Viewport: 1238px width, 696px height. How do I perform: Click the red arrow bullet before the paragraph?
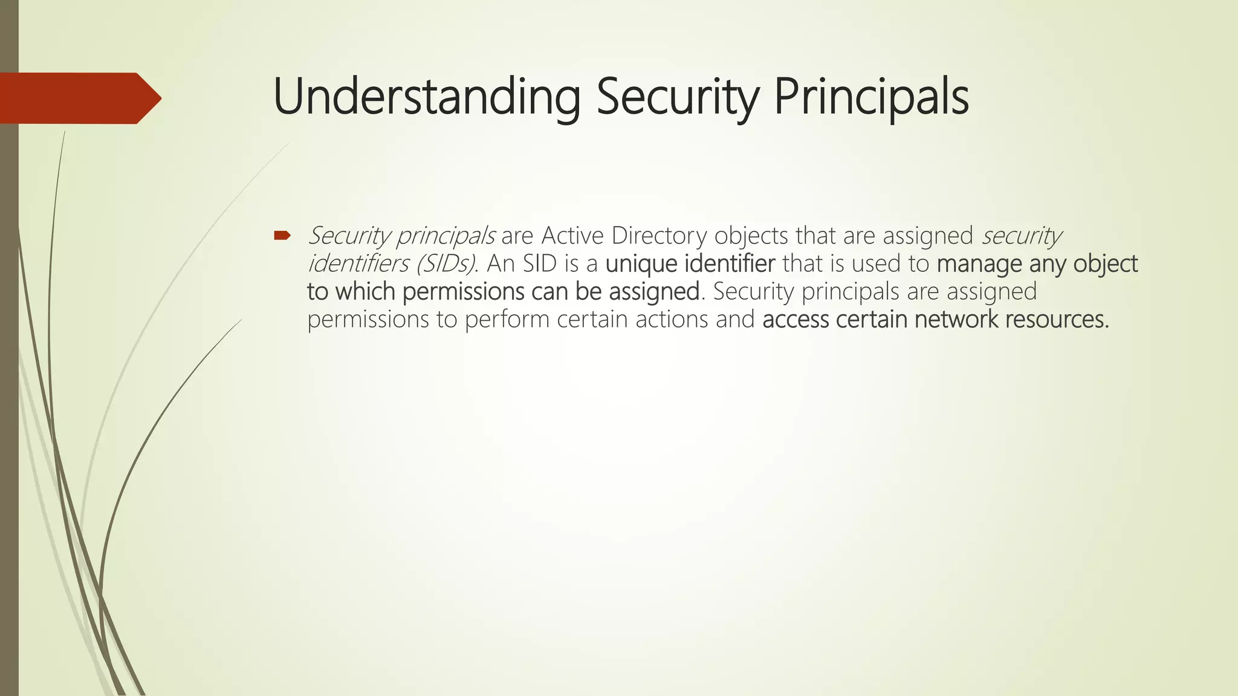[x=282, y=235]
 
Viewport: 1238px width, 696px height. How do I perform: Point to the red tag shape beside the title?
[x=79, y=98]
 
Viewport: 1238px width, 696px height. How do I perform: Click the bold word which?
[x=365, y=292]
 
